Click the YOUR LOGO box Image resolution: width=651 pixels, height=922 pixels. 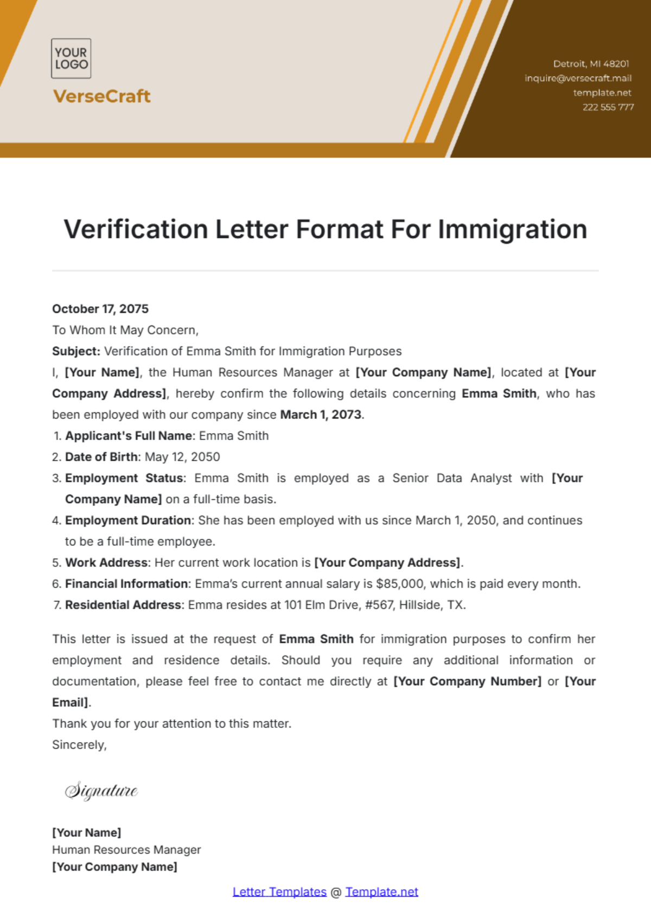coord(71,59)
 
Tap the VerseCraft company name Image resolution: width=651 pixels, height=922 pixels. coord(102,96)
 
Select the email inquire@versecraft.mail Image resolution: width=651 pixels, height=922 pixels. coord(578,78)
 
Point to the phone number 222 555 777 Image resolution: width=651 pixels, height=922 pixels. coord(608,107)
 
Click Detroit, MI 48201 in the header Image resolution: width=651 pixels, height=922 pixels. coord(591,64)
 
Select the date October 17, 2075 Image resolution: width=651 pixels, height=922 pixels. coord(100,309)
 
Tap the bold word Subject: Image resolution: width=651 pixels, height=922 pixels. coord(76,351)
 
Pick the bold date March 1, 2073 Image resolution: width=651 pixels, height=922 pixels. coord(321,415)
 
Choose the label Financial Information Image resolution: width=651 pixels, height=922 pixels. coord(126,584)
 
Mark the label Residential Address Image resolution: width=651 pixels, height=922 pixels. coord(123,605)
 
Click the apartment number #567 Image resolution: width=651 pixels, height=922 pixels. coord(379,605)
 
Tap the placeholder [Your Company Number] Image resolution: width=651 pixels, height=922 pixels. coord(467,681)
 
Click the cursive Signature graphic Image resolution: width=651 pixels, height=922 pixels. coord(101,791)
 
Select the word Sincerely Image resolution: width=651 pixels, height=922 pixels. coord(79,745)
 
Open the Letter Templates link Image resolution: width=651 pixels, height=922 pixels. coord(279,892)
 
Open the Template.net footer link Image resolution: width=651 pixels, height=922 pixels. coord(381,892)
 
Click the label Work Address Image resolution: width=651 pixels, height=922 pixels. coord(106,563)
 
